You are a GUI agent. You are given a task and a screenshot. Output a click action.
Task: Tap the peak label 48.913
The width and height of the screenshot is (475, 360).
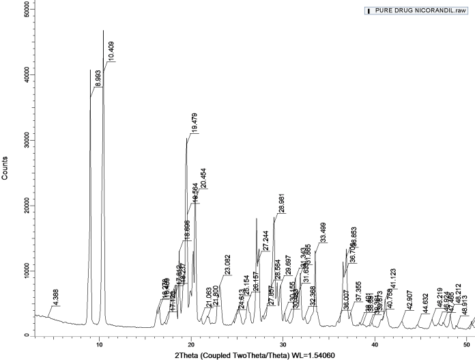[465, 307]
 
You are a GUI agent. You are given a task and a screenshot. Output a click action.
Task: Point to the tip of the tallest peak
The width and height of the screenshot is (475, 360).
[103, 30]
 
